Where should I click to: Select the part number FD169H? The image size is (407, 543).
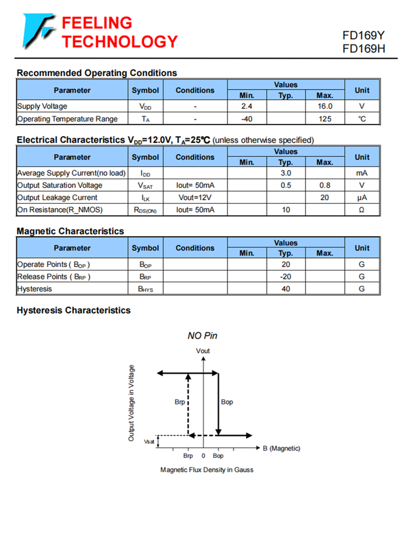(x=363, y=49)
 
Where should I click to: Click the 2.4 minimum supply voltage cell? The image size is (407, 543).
(x=247, y=106)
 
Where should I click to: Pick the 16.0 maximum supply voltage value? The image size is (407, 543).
(x=325, y=106)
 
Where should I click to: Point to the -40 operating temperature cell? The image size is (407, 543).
(x=247, y=119)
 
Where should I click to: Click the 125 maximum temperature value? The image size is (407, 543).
(x=325, y=119)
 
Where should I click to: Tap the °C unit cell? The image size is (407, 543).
(x=362, y=119)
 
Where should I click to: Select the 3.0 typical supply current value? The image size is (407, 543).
(x=285, y=173)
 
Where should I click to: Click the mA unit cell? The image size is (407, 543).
(x=362, y=173)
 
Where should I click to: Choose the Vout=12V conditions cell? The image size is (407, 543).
(x=195, y=198)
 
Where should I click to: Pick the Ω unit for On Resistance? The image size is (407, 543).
(x=362, y=210)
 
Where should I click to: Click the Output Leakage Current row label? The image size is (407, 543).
(x=58, y=198)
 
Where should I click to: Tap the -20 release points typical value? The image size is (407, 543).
(x=285, y=276)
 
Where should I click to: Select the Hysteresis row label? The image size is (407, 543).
(x=35, y=289)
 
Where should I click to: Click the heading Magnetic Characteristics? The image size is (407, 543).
(x=71, y=231)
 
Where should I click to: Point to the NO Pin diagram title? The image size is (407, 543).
(x=202, y=336)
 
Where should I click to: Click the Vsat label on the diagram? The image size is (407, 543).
(x=149, y=442)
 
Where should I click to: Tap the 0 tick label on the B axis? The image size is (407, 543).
(x=203, y=456)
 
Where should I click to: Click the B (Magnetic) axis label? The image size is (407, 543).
(x=282, y=449)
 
